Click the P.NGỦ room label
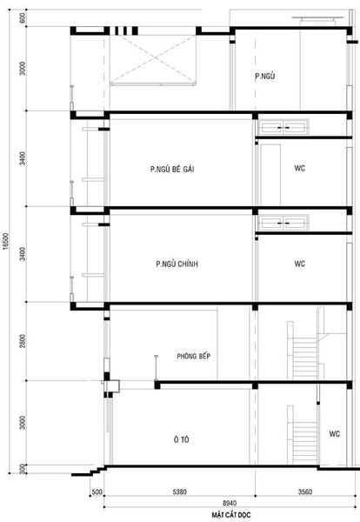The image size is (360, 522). coord(265,77)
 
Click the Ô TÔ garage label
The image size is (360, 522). coord(181,440)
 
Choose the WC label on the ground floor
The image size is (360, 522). coord(334,432)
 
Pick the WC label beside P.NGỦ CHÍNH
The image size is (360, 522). coord(299,264)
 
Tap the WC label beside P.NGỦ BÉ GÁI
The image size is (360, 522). coord(299,168)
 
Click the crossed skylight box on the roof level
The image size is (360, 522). coord(153,60)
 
